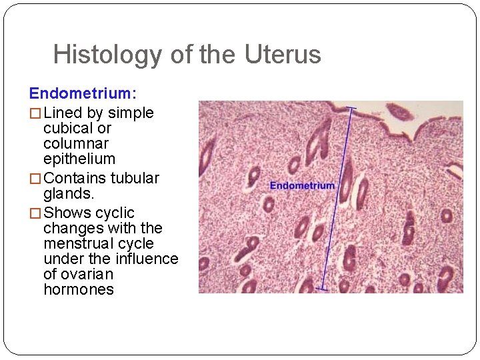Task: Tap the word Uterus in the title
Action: click(283, 55)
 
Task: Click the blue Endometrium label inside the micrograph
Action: click(302, 185)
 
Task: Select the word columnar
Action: click(76, 143)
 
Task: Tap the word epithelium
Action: click(79, 159)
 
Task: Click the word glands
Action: click(68, 193)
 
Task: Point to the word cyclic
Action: click(115, 213)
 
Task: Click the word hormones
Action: click(79, 289)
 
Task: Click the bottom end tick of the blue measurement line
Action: click(321, 289)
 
